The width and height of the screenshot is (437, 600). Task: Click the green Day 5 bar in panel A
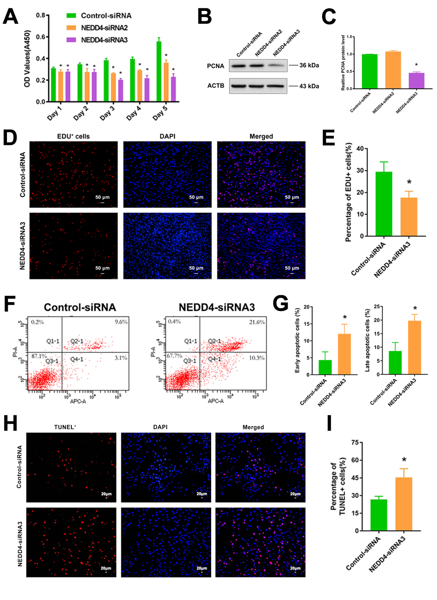[159, 72]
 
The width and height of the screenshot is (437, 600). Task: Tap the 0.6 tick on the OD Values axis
[40, 37]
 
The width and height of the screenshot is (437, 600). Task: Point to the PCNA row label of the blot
[215, 66]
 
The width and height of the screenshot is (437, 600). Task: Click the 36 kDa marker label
[309, 65]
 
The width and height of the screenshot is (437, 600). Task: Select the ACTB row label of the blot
[215, 86]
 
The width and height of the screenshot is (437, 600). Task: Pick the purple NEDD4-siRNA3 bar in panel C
[416, 81]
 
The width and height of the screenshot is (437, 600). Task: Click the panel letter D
[10, 138]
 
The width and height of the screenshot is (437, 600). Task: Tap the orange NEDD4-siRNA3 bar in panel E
[409, 217]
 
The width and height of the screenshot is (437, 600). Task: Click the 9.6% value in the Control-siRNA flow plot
[121, 322]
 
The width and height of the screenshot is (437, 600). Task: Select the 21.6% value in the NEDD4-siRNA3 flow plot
[257, 322]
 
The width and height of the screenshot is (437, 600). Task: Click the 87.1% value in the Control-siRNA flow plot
[39, 356]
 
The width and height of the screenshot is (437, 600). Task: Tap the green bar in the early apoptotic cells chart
[325, 367]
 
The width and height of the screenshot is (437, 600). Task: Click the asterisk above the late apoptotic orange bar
[415, 309]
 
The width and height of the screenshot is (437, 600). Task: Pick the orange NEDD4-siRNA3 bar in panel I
[403, 504]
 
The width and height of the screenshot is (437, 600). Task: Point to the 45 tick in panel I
[355, 478]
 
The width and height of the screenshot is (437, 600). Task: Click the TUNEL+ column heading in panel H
[65, 427]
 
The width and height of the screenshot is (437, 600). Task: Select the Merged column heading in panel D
[261, 136]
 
